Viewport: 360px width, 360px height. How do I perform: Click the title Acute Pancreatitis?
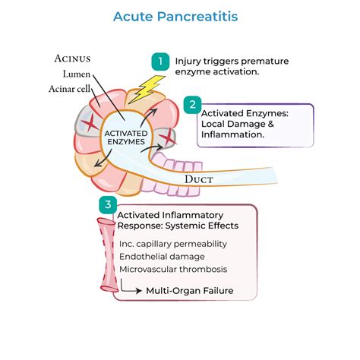(x=179, y=14)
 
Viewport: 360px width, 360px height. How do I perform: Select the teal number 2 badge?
(x=193, y=106)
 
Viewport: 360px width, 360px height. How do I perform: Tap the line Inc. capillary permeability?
(x=173, y=243)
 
